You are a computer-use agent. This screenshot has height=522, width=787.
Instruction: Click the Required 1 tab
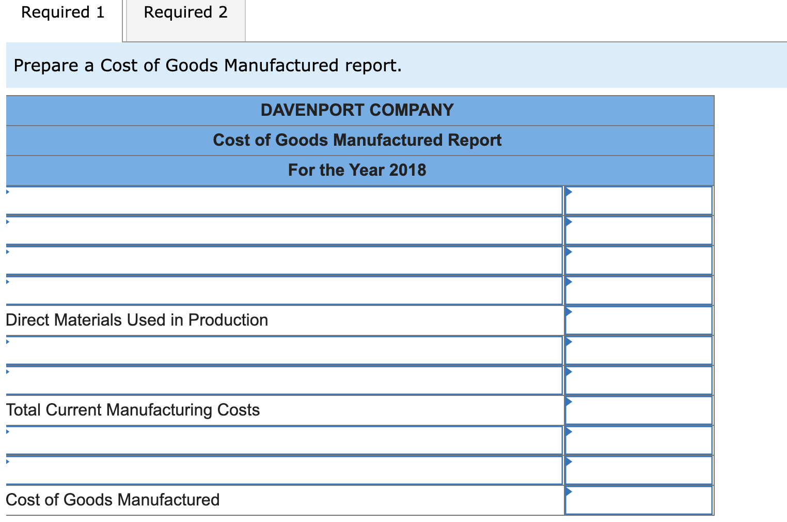(x=62, y=13)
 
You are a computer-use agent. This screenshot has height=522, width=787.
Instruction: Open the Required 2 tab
(x=185, y=13)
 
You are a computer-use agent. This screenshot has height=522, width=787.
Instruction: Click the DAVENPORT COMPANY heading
(x=357, y=110)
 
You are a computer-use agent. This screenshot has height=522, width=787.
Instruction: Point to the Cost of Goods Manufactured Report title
(x=357, y=140)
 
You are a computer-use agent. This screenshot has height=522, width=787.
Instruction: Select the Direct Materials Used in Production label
(x=137, y=320)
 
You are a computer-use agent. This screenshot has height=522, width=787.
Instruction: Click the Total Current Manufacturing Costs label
(x=133, y=410)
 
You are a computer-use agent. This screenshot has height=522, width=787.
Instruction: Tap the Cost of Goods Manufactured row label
(x=113, y=500)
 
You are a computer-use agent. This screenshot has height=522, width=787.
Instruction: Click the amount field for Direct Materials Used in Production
(x=639, y=320)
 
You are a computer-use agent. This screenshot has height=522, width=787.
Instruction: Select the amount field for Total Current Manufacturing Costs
(x=639, y=410)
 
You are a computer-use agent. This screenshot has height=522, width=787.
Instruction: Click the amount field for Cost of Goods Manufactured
(x=639, y=500)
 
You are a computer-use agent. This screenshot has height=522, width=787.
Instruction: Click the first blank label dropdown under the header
(x=284, y=201)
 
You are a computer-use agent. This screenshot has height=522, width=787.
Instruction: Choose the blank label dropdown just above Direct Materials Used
(x=284, y=290)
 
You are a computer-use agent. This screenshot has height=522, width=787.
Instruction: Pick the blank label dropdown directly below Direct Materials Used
(x=284, y=350)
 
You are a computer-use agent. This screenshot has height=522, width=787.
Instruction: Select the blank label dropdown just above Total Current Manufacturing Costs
(x=284, y=380)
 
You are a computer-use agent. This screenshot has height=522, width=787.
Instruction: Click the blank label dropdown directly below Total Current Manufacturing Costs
(x=284, y=440)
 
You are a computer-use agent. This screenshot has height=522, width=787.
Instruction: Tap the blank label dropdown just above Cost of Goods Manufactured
(x=284, y=470)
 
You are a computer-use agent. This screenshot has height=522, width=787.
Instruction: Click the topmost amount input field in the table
(x=639, y=201)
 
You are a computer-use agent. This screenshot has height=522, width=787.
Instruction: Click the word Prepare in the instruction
(x=46, y=66)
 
